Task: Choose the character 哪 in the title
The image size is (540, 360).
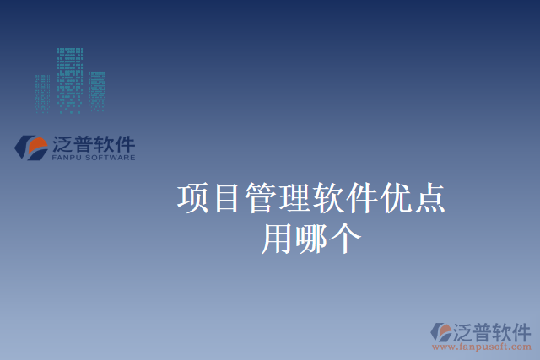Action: [311, 239]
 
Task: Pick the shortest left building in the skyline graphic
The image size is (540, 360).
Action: [42, 91]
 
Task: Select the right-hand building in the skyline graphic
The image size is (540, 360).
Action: [97, 89]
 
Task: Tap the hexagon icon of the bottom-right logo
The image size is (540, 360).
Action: [442, 331]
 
